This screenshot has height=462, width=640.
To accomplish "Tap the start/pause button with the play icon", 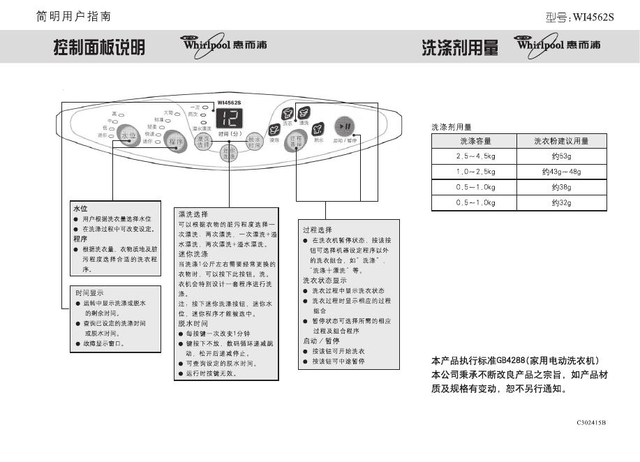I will (x=345, y=126).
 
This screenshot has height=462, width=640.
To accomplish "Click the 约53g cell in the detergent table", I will (x=561, y=156).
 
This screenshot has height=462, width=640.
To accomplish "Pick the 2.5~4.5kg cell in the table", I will (x=475, y=156).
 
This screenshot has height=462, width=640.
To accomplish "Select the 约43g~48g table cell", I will (x=561, y=172).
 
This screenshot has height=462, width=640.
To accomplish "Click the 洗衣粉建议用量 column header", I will (x=561, y=142).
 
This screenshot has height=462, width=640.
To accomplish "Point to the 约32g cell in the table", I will (x=561, y=203).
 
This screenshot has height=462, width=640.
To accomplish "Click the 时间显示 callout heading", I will (x=89, y=294).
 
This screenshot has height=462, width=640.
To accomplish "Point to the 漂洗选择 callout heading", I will (x=193, y=214).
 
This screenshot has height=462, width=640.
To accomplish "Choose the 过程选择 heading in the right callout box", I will (x=318, y=230).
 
